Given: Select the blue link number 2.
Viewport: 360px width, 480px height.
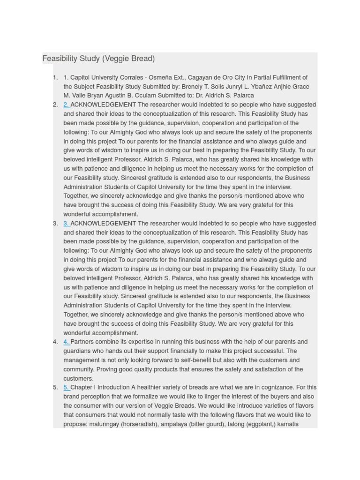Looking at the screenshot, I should [66, 105].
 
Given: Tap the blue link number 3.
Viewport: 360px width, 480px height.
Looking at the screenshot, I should [66, 224].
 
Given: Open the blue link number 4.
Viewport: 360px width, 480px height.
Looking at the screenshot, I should [66, 342].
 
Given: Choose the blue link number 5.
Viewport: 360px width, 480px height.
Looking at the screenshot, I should [66, 387].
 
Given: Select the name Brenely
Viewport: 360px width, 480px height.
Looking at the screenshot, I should [193, 87].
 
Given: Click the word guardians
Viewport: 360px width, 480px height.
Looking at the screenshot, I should [78, 351].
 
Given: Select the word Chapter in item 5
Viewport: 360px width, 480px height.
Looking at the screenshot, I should [82, 387].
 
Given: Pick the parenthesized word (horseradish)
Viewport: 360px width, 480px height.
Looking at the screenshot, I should [142, 424].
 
